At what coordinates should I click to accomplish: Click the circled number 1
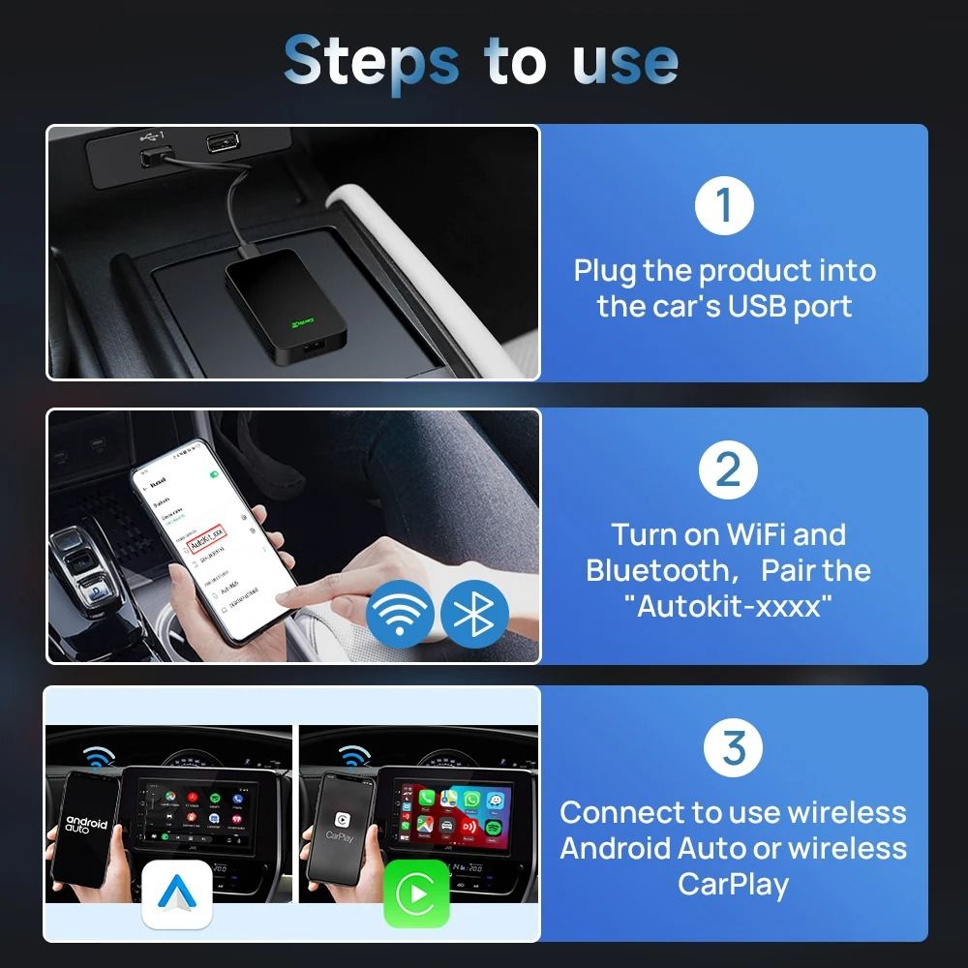click(x=725, y=204)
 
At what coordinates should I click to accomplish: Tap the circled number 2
click(x=727, y=469)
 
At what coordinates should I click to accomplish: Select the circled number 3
click(x=734, y=747)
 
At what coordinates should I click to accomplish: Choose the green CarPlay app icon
click(x=416, y=895)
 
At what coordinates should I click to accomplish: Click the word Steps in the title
click(x=371, y=61)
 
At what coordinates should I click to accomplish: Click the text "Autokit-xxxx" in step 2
click(x=728, y=607)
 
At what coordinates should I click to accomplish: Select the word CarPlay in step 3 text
click(x=733, y=884)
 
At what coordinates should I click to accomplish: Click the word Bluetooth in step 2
click(x=655, y=570)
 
